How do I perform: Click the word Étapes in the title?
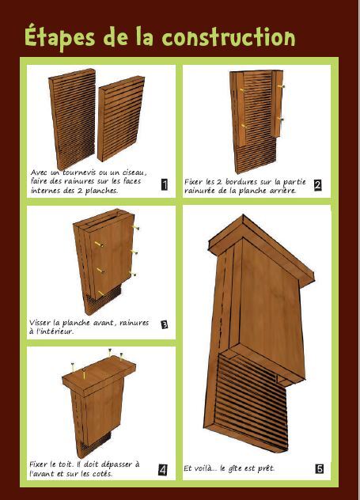coord(59,36)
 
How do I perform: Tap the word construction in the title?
coord(229,36)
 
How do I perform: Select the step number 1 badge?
coord(165,184)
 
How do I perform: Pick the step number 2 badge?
coord(317,185)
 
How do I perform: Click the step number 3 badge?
coord(165,325)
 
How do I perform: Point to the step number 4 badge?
coord(163,470)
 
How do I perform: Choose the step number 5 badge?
coord(320,468)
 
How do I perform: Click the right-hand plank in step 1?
coord(121,119)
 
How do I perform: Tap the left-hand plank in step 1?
coord(73,119)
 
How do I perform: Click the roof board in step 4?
coord(99,375)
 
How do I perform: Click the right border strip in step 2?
coord(277,104)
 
